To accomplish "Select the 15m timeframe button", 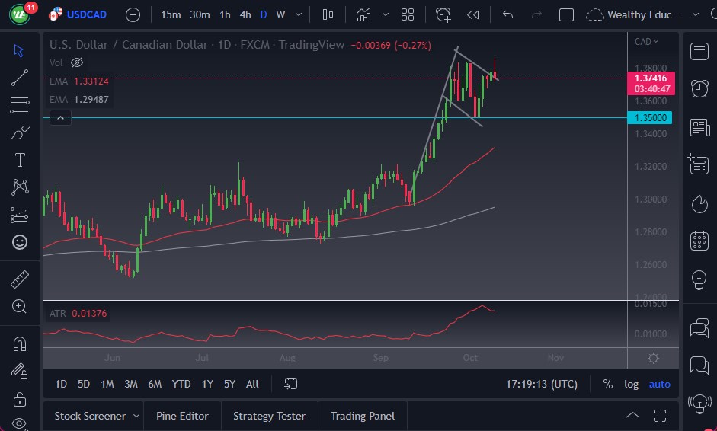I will point(171,14).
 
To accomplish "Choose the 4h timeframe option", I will point(245,14).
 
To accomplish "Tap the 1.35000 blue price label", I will point(652,118).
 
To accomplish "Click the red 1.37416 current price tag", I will point(652,78).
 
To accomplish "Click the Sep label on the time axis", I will point(380,357).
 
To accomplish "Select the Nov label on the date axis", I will point(555,357).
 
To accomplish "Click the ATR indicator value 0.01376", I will point(90,313).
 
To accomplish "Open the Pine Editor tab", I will point(182,416).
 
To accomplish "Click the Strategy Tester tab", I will point(269,416).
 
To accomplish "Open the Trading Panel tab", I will point(363,416).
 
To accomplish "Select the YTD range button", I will point(181,384).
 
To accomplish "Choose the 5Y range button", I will point(229,384).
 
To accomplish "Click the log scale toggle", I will point(631,384).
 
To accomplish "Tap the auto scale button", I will point(659,384).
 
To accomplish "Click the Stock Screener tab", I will point(90,416).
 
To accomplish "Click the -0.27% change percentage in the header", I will point(412,45).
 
